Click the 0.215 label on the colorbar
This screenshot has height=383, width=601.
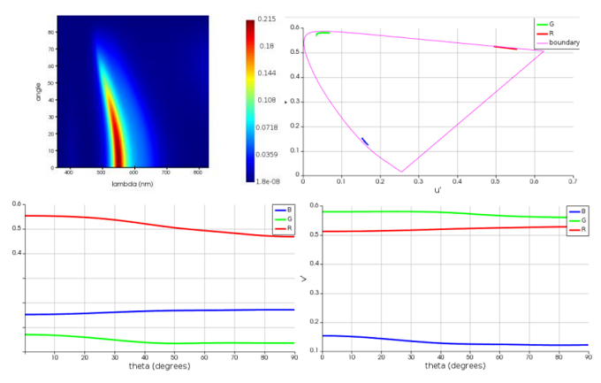coord(267,19)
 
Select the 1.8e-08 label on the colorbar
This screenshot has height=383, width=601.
coord(267,180)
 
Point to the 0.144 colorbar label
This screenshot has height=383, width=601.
coord(267,73)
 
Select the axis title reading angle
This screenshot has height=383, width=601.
coord(39,92)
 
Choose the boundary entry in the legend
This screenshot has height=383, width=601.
coord(564,42)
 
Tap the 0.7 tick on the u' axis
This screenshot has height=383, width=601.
coord(572,180)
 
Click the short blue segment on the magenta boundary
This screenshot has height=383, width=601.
coord(364,142)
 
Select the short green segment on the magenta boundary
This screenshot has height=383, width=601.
coord(323,33)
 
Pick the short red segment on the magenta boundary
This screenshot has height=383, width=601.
coord(505,48)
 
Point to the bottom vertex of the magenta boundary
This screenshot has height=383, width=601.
coord(400,172)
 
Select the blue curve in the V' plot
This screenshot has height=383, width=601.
coord(442,343)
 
